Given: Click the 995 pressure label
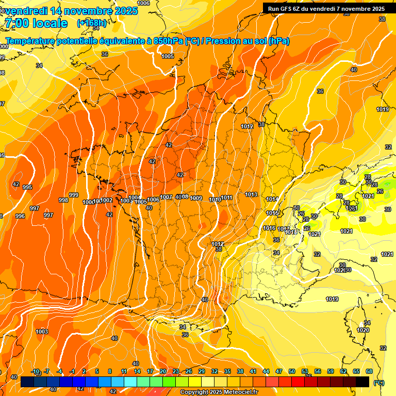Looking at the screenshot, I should tap(27, 187).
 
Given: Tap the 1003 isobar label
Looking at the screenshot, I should tap(42, 332).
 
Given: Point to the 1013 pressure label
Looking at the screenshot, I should tap(251, 194).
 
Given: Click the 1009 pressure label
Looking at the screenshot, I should tap(196, 198).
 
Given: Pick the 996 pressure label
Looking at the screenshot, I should tap(20, 216).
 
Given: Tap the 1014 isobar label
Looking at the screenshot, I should tap(272, 199).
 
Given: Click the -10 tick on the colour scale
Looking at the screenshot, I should tap(36, 371).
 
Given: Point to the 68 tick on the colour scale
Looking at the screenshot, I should tap(369, 371).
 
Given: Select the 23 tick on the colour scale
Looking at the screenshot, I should tap(175, 371).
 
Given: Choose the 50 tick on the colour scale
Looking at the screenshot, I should tap(292, 371).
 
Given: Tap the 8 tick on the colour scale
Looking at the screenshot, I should tap(110, 371).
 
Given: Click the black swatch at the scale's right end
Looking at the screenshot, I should tap(362, 382).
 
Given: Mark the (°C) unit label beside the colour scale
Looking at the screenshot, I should tap(379, 382).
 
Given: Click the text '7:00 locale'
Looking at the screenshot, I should tap(36, 23).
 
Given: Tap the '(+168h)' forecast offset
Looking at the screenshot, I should tap(92, 23).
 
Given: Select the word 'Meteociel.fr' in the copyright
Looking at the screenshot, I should tap(240, 392).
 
